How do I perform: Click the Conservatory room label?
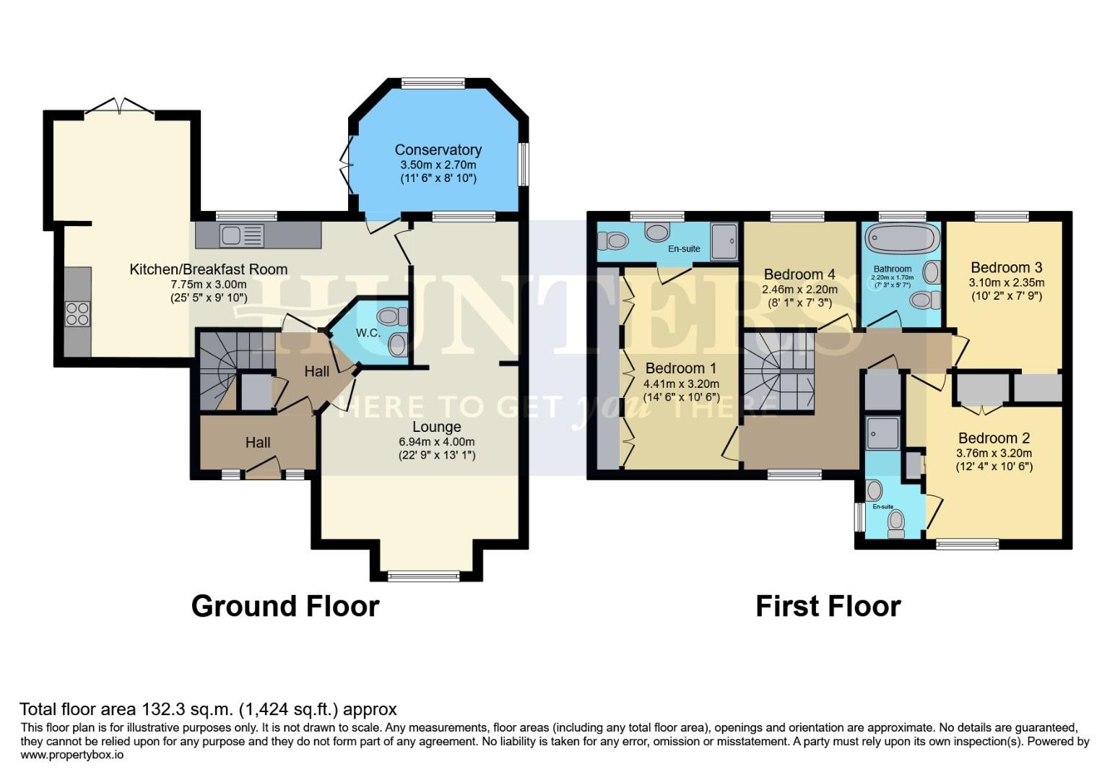click(438, 149)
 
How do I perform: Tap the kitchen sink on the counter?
click(233, 235)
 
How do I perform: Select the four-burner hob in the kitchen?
click(77, 313)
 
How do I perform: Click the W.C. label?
click(368, 333)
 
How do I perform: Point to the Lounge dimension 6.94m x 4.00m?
click(436, 441)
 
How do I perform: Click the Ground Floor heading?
click(285, 606)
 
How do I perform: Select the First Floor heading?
click(828, 606)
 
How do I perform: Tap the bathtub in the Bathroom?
click(902, 238)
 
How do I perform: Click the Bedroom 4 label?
click(799, 274)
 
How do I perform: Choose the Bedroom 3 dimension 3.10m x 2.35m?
click(1006, 282)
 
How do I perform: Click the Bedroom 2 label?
click(994, 438)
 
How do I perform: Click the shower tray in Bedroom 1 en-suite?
click(724, 241)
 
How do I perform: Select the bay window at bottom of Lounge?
click(423, 575)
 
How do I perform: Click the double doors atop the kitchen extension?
click(119, 106)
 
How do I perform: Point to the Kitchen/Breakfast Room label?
click(208, 269)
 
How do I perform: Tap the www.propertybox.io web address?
click(71, 755)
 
